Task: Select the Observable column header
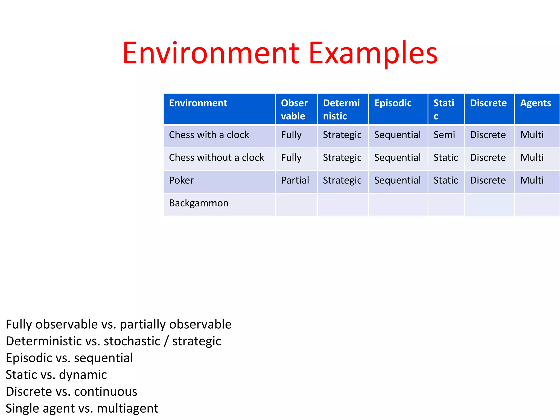point(294,109)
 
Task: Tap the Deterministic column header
point(341,109)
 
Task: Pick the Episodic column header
point(393,103)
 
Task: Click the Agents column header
point(535,103)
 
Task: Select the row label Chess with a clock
point(209,135)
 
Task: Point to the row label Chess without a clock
point(216,157)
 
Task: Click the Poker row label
point(181,180)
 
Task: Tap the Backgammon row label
point(199,203)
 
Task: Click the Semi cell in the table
point(444,135)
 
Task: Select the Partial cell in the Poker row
point(295,180)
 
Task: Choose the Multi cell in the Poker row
point(532,180)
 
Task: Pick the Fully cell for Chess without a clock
point(291,158)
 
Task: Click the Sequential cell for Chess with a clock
point(397,135)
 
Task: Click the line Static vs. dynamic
point(56,375)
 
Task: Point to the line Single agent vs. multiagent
point(82,408)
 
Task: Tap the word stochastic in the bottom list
point(132,341)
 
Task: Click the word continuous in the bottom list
point(106,392)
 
